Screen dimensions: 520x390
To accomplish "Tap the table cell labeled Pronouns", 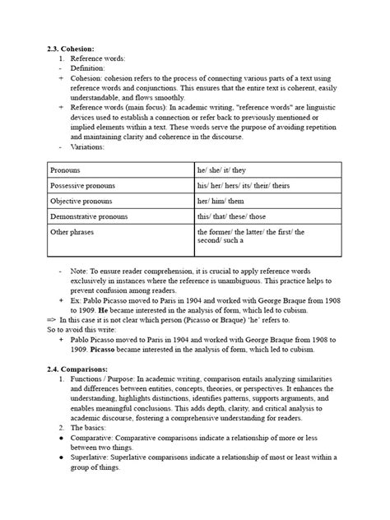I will click(x=65, y=169).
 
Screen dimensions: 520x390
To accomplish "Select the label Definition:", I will click(x=89, y=69).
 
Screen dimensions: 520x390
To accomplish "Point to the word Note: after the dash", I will click(x=81, y=270).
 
